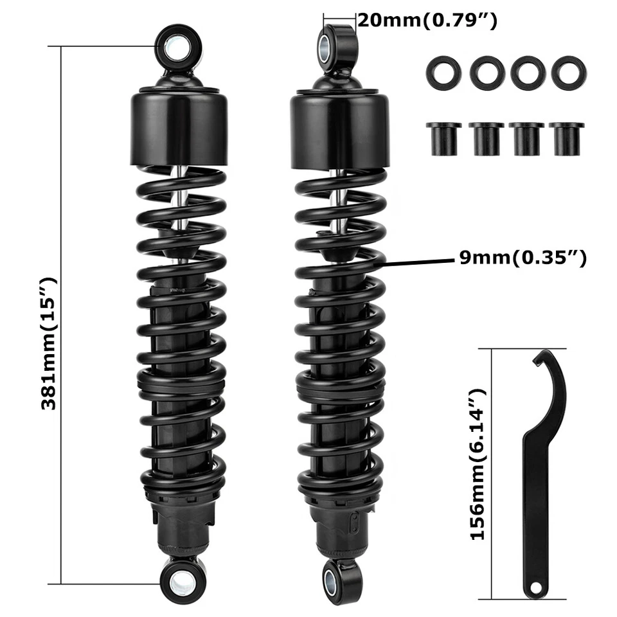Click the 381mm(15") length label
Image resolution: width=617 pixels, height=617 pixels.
(x=49, y=343)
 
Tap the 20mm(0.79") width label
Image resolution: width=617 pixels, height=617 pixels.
(x=427, y=21)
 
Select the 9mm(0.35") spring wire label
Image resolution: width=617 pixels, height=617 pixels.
(x=522, y=258)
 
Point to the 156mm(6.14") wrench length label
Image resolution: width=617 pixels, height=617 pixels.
(x=477, y=464)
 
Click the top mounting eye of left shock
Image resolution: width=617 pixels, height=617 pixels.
(x=178, y=47)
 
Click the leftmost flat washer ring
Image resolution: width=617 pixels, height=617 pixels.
(x=443, y=73)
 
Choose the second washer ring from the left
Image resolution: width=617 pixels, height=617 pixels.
(x=487, y=73)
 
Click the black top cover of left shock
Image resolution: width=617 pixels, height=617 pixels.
(x=179, y=129)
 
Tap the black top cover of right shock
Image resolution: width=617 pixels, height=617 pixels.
(x=339, y=130)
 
